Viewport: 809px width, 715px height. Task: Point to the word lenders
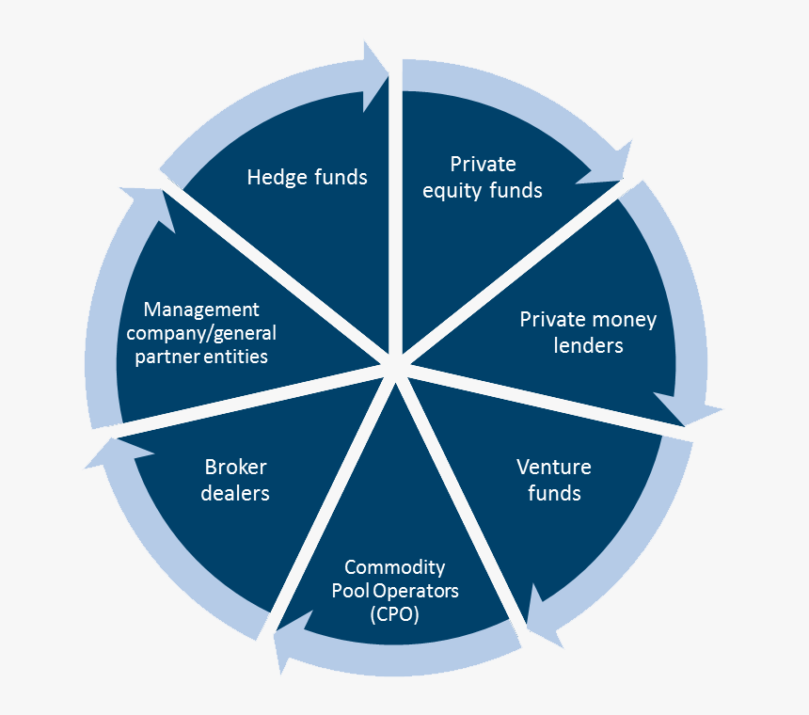(587, 345)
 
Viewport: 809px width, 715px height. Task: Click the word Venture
(554, 468)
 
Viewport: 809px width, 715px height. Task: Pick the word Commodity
(394, 567)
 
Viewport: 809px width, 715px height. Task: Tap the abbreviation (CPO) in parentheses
(394, 615)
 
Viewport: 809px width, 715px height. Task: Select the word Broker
(235, 468)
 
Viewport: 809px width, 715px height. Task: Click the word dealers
(235, 493)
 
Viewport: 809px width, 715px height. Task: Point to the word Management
(200, 310)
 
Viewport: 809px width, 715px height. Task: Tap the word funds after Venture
(554, 493)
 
